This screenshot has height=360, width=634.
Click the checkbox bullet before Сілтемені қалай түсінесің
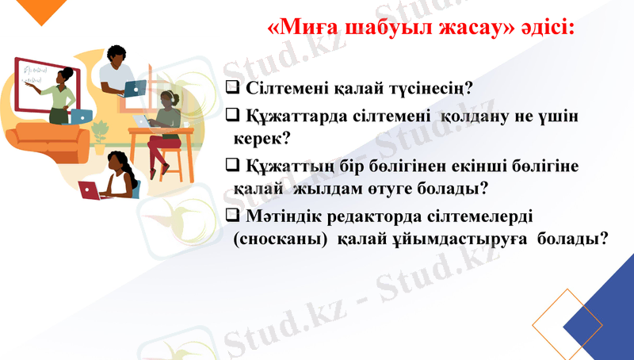tap(233, 86)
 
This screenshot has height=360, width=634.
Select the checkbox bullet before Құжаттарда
tap(233, 116)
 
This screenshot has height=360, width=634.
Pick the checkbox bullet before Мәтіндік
tap(233, 214)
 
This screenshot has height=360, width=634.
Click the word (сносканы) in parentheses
tap(281, 239)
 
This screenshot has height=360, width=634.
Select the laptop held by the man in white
tap(136, 88)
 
